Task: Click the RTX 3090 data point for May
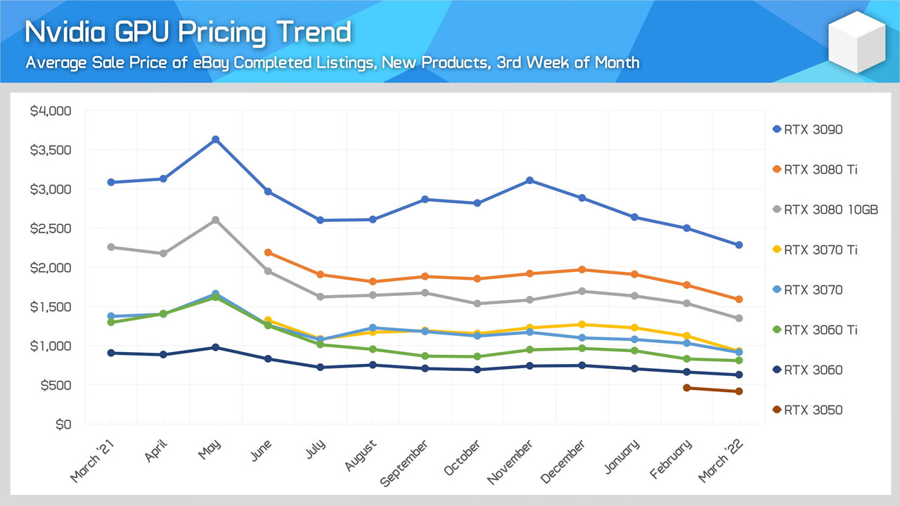coord(216,139)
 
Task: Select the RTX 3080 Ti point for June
coord(268,252)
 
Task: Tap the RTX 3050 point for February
coord(687,388)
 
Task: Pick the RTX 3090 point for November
coord(529,181)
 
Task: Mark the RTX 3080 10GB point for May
coord(216,220)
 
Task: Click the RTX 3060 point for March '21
coord(111,353)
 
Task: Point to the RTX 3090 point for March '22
coord(739,245)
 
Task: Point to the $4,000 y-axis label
coord(51,111)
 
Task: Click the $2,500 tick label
coord(51,228)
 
